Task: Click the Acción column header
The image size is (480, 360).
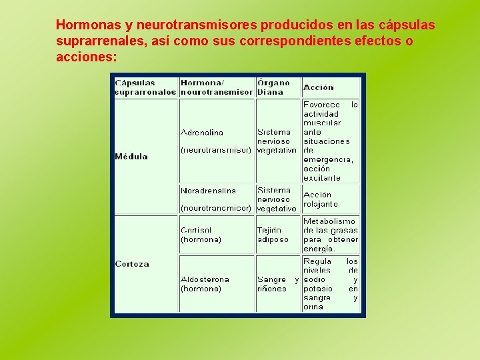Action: tap(319, 87)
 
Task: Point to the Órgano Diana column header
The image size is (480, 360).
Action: tap(274, 87)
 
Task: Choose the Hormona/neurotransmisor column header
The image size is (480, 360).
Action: tap(217, 87)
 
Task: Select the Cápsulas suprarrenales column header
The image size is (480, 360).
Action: tap(145, 87)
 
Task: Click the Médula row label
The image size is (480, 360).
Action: tap(131, 157)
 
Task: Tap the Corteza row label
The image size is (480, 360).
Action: tap(132, 264)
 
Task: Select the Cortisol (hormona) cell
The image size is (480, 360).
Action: tap(201, 235)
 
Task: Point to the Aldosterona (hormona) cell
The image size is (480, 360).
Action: tap(205, 284)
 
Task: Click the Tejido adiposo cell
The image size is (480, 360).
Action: tap(273, 235)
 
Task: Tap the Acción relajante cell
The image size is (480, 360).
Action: tap(320, 199)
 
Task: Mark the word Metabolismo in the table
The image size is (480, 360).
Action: tap(329, 221)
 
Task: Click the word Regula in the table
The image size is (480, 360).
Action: tap(317, 261)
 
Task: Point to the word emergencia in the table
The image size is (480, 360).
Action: tap(327, 160)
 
